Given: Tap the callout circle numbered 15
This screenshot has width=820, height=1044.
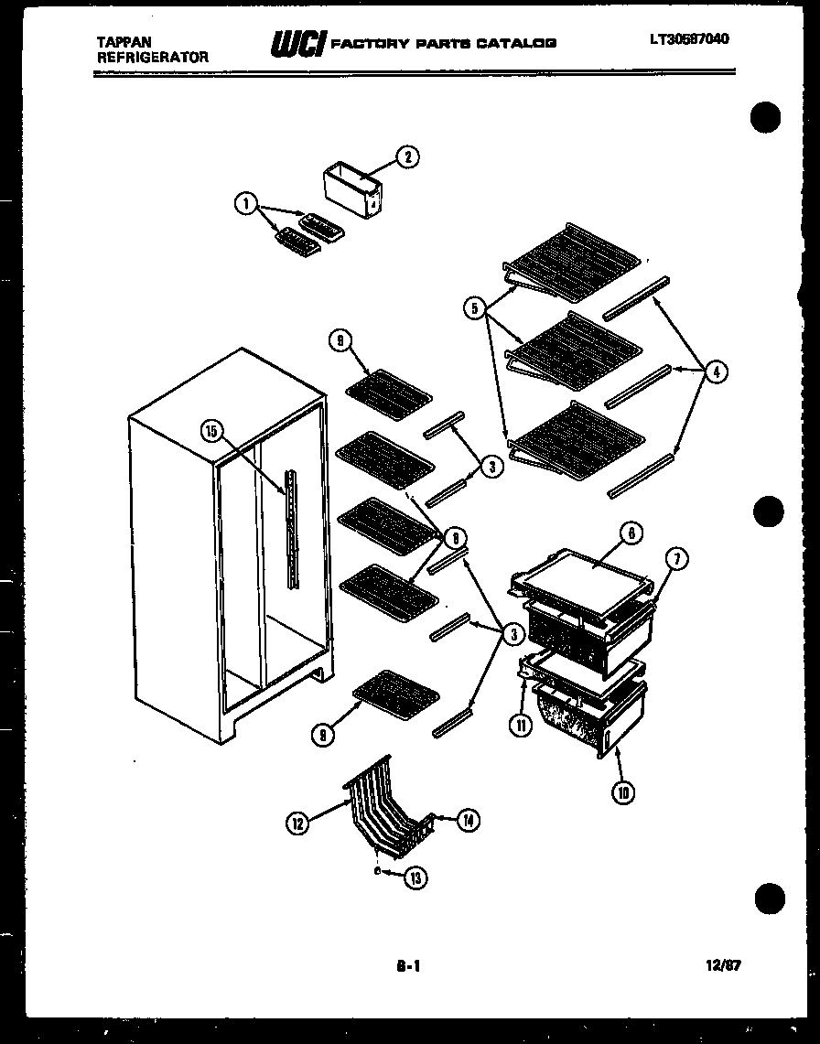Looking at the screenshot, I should click(x=212, y=432).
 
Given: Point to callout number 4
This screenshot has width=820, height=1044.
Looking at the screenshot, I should click(x=717, y=372).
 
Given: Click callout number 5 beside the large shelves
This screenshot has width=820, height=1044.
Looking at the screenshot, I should click(x=474, y=308).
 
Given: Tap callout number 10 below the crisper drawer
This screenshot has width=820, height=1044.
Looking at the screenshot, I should click(x=623, y=792).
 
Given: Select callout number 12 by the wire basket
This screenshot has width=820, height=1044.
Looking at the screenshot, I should click(x=297, y=823).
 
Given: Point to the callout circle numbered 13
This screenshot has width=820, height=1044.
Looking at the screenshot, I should click(x=416, y=877).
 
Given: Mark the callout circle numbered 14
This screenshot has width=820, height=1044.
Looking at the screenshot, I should click(x=468, y=821).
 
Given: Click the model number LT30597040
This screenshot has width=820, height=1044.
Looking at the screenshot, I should click(x=690, y=38).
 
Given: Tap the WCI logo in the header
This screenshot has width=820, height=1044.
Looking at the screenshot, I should click(x=297, y=43).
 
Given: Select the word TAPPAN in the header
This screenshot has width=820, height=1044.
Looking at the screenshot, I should click(x=123, y=41).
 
